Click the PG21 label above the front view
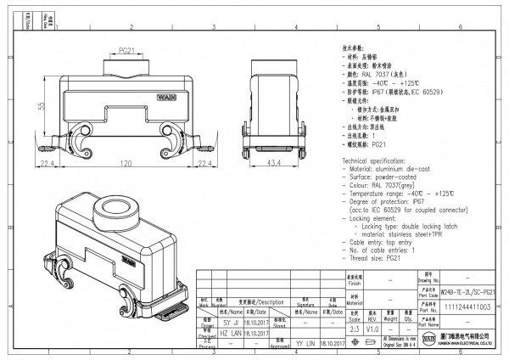tap(126, 52)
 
